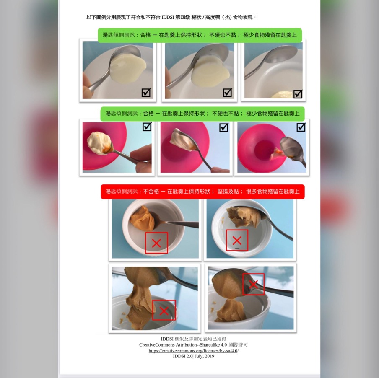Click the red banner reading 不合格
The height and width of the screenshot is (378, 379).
(202, 192)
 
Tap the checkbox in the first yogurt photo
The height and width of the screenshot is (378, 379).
(146, 93)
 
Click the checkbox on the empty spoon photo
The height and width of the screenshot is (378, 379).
(298, 94)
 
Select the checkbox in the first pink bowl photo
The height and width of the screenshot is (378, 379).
(147, 127)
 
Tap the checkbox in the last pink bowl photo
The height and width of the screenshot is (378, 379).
(301, 127)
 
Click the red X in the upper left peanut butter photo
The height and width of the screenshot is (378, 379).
(156, 243)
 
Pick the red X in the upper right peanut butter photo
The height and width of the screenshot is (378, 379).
(237, 240)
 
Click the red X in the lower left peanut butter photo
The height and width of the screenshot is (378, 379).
(164, 311)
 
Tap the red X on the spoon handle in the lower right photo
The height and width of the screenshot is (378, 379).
(253, 284)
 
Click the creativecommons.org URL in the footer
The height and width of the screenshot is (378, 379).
(193, 351)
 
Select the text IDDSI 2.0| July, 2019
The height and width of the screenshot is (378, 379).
(193, 357)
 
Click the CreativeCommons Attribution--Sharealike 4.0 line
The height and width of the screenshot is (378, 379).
(193, 345)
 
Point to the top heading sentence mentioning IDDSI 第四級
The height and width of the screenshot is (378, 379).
(171, 17)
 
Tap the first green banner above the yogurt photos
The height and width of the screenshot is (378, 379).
(200, 35)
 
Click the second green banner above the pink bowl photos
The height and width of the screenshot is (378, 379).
(202, 114)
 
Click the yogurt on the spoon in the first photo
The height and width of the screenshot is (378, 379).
(128, 66)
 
